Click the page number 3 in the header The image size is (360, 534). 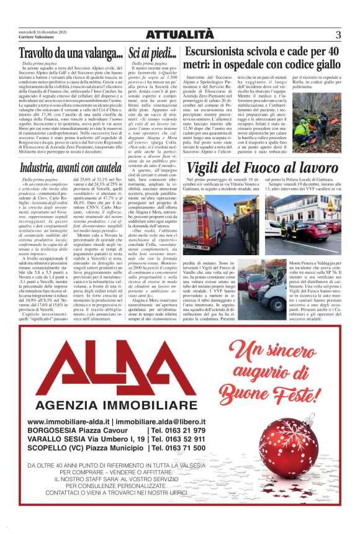(338, 35)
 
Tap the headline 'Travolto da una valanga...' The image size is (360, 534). (63, 54)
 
